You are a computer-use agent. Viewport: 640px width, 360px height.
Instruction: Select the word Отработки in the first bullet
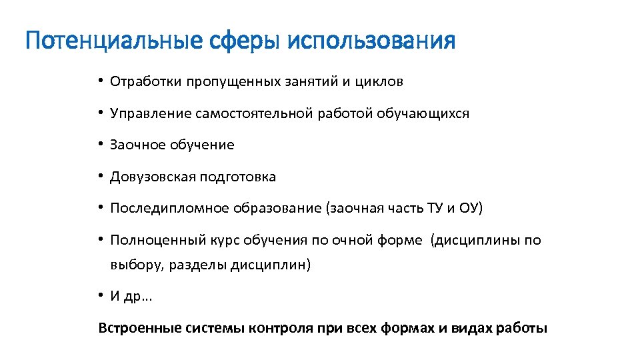146,82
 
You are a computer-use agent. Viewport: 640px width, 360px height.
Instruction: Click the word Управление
151,114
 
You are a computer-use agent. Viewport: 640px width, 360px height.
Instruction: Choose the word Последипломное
169,209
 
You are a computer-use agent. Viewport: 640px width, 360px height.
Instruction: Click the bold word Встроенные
137,329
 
